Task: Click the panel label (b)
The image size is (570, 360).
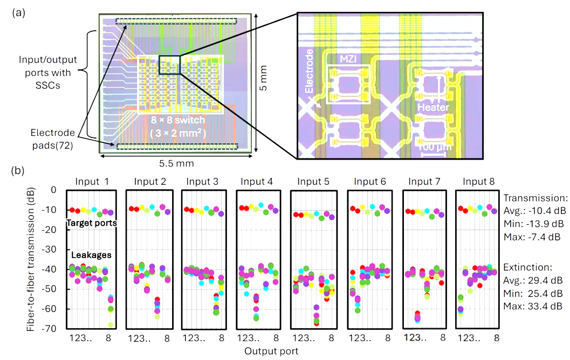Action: (17, 171)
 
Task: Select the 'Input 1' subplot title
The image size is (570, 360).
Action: (91, 181)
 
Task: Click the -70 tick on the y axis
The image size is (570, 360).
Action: (52, 328)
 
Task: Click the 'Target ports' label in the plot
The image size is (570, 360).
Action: (91, 223)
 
